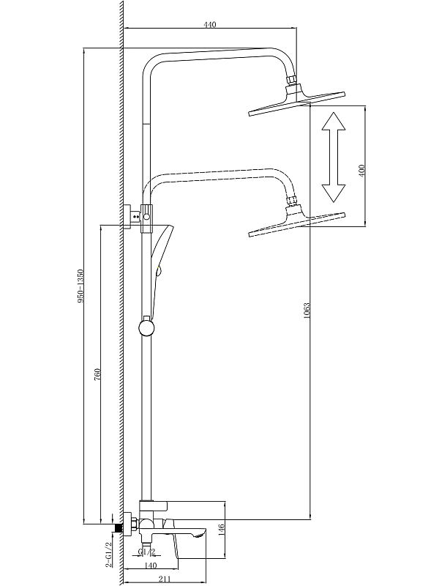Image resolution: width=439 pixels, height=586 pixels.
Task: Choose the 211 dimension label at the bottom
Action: [165, 579]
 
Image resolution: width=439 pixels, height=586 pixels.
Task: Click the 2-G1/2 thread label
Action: [109, 555]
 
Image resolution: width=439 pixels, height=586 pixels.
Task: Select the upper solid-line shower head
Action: [296, 103]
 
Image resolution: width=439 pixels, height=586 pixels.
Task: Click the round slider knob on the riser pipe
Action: [147, 326]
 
